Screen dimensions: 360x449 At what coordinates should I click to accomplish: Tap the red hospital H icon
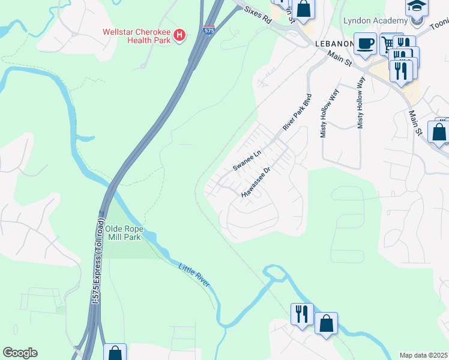click(x=179, y=36)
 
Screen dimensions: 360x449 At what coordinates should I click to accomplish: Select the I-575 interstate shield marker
click(x=207, y=30)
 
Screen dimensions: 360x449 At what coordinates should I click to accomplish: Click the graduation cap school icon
click(x=416, y=6)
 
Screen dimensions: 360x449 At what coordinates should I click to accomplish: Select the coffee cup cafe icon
click(x=364, y=44)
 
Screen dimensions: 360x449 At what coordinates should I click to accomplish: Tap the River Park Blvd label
click(x=298, y=112)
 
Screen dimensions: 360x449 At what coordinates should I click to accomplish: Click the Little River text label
click(x=194, y=275)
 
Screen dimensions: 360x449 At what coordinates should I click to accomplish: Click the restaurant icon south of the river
click(x=301, y=313)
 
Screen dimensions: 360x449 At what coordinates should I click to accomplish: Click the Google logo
click(x=20, y=353)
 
